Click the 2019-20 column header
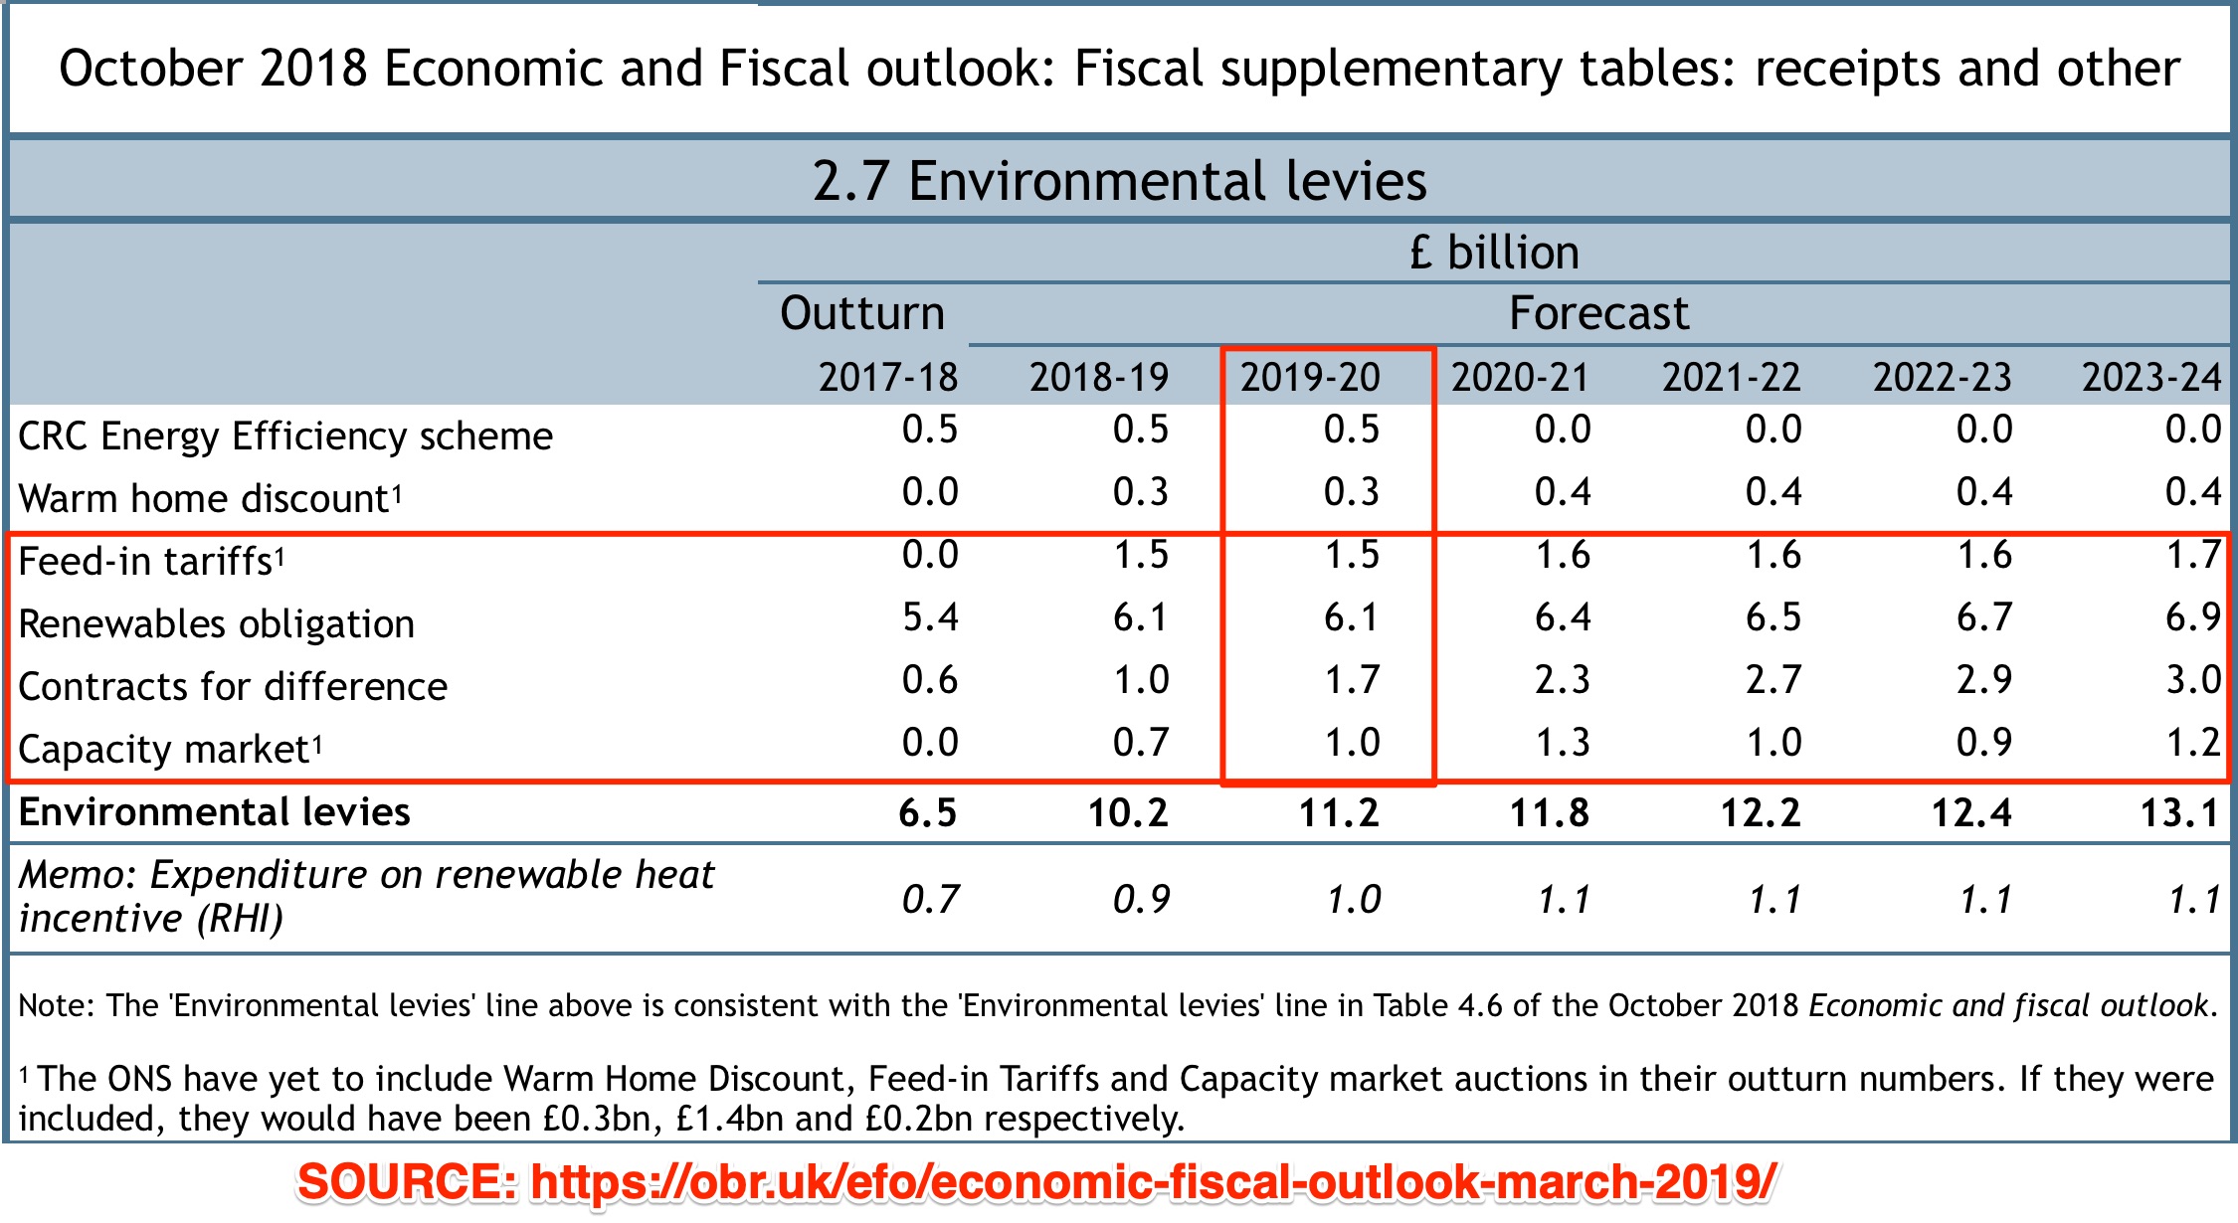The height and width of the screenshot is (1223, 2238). click(x=1310, y=378)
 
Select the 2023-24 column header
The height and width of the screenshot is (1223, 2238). click(x=2151, y=378)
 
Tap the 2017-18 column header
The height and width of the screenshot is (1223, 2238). click(x=888, y=378)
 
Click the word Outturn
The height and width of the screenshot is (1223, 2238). click(x=861, y=313)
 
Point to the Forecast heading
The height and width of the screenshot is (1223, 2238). click(x=1598, y=313)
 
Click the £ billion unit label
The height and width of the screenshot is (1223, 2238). click(x=1494, y=253)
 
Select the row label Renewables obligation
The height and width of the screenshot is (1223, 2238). click(x=217, y=624)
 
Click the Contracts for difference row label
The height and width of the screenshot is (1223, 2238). click(x=233, y=687)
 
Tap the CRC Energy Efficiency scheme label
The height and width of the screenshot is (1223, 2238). click(x=285, y=437)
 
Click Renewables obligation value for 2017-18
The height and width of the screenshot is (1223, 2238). click(x=930, y=617)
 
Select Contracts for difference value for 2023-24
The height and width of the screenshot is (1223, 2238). click(x=2193, y=680)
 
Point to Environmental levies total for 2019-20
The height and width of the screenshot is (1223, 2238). click(x=1339, y=813)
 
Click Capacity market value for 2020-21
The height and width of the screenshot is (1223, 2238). click(x=1563, y=743)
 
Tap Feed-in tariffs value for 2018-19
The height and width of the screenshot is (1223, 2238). click(x=1141, y=555)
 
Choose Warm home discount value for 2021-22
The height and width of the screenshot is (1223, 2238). click(x=1773, y=492)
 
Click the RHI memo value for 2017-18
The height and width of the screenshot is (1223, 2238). click(x=930, y=900)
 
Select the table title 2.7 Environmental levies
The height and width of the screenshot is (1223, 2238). click(x=1119, y=181)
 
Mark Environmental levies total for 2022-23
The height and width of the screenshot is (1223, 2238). click(x=1971, y=813)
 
